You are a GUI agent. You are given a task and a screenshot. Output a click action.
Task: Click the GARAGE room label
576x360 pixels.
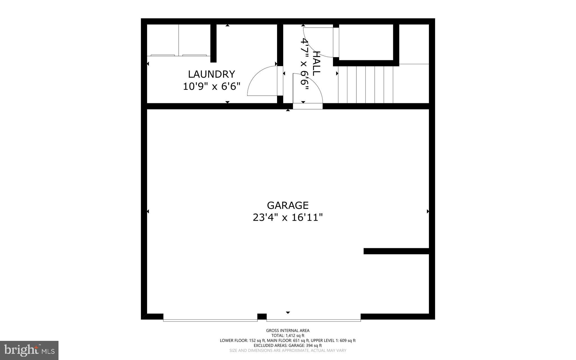(288, 205)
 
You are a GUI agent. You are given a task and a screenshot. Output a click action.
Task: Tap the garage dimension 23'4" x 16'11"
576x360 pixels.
(288, 218)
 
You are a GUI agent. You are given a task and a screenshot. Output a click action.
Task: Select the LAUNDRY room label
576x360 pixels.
(211, 74)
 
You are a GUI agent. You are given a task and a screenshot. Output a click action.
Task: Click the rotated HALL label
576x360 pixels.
(316, 63)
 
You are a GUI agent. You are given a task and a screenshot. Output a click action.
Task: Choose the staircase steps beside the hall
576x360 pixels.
(365, 84)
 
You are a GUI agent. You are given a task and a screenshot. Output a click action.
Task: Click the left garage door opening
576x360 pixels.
(210, 320)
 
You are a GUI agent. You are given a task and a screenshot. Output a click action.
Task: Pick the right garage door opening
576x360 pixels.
(314, 320)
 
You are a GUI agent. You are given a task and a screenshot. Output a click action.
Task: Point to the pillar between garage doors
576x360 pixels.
(262, 317)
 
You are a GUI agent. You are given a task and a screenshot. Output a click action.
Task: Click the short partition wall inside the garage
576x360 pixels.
(396, 251)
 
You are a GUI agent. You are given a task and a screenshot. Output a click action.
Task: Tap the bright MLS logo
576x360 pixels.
(29, 350)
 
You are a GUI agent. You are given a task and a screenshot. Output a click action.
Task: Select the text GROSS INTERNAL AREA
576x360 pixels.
(288, 331)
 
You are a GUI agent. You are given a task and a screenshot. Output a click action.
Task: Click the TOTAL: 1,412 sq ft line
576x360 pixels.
(288, 336)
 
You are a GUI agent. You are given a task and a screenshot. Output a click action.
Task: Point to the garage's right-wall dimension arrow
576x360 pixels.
(428, 211)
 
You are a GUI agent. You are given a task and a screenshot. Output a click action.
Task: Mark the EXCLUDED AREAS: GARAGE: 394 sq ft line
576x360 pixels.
(288, 345)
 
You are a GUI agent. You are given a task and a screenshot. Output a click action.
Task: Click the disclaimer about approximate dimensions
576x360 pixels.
(288, 350)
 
